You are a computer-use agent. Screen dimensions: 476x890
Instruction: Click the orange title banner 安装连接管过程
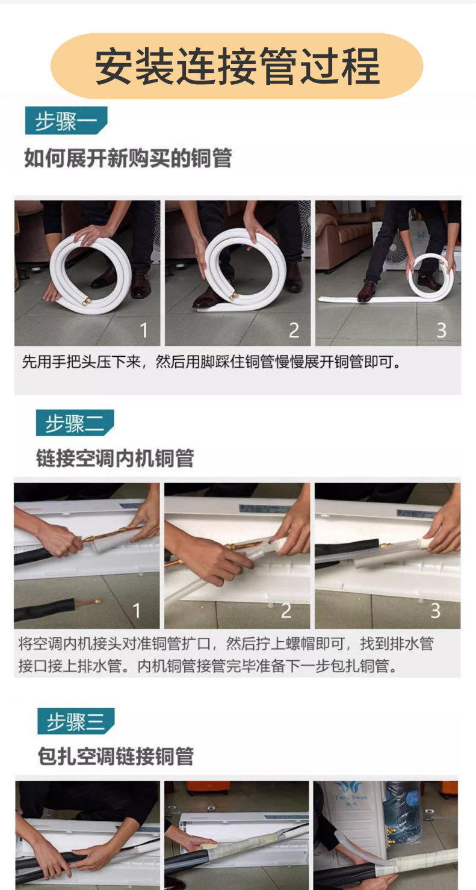pos(237,66)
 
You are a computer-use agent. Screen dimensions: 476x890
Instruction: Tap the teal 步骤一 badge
pos(66,120)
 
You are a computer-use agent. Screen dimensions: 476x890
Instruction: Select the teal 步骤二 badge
pos(75,423)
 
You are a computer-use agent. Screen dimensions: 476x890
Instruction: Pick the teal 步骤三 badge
pos(76,721)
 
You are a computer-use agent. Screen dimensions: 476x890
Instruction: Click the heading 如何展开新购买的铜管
pos(128,158)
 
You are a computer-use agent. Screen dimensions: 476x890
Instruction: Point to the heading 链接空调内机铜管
pos(115,458)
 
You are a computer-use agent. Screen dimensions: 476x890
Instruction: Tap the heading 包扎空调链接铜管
pos(116,756)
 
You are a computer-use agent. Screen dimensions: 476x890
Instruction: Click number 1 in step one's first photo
pos(144,330)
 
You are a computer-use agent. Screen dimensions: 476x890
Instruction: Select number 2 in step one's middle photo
pos(294,330)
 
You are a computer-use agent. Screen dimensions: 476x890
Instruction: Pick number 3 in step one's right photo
pos(442,330)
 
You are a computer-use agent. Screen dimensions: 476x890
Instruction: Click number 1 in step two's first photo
pos(137,611)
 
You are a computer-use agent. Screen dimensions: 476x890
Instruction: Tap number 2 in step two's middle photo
pos(286,611)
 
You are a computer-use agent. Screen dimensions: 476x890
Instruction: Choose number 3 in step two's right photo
pos(436,611)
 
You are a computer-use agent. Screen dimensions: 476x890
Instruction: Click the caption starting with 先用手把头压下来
pos(212,362)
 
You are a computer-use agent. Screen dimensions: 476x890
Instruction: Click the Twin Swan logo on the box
pos(351,794)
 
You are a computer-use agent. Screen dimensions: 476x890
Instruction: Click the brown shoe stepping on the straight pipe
pos(366,291)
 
